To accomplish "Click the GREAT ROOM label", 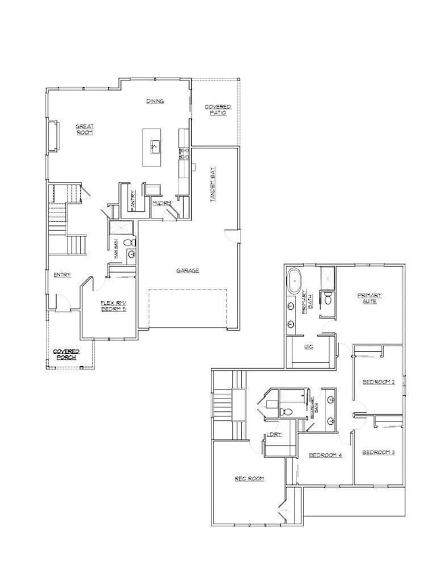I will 84,129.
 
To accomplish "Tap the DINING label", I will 155,101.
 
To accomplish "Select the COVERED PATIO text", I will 217,110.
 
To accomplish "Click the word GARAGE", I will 187,271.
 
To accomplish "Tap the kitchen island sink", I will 155,145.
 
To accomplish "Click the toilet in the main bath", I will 131,242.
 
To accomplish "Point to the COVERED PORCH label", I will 67,355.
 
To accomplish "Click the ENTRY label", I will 62,275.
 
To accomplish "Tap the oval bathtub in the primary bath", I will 294,281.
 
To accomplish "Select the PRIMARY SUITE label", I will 369,298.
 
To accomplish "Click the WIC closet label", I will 309,347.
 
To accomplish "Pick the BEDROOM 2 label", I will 378,382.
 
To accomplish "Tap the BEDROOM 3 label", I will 378,452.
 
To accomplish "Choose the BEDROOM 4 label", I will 325,455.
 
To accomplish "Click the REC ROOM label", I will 249,478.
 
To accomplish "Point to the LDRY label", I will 274,434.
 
